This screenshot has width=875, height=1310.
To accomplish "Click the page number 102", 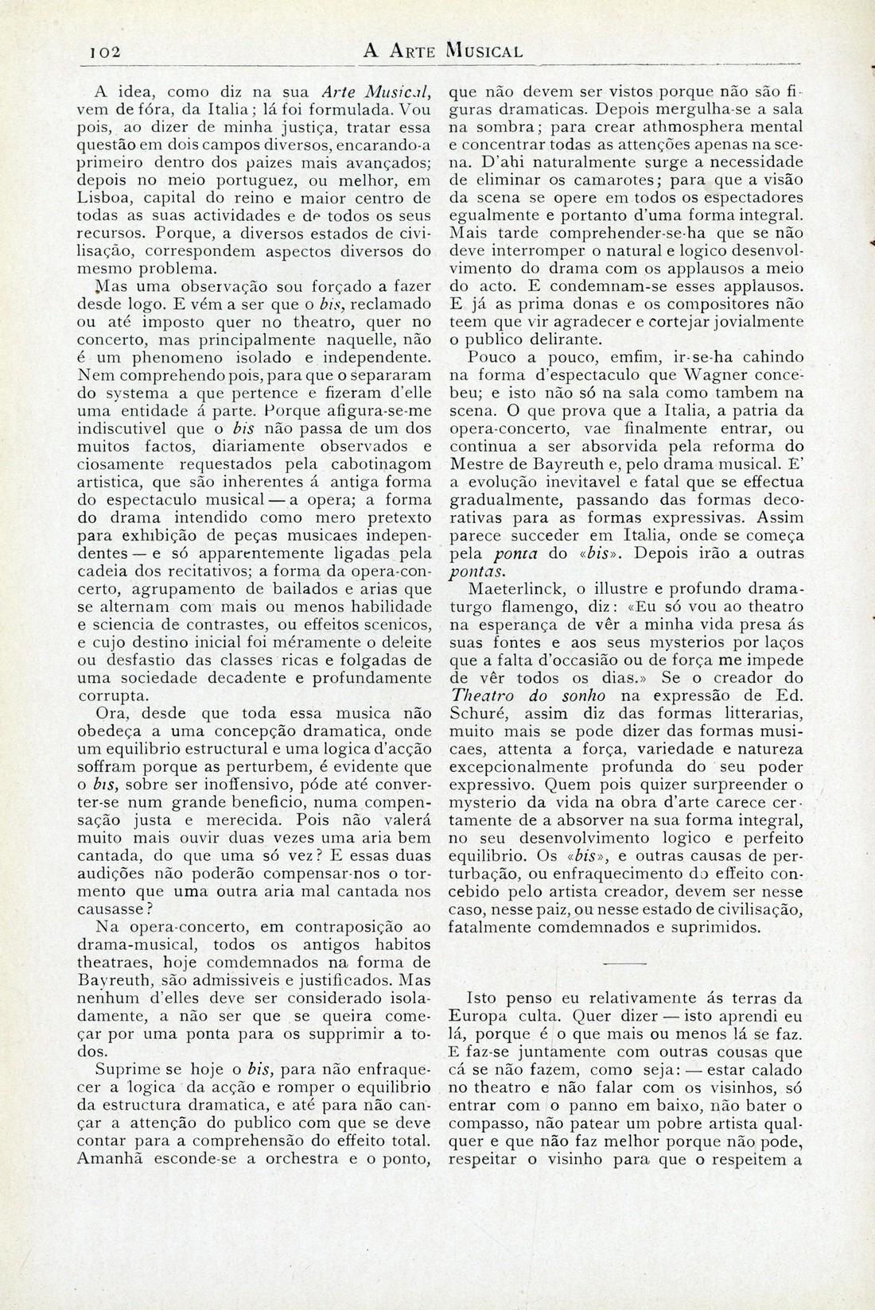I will coord(104,52).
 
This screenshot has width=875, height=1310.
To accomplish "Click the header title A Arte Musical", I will coord(442,52).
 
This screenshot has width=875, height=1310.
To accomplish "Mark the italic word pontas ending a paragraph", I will coord(477,572).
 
